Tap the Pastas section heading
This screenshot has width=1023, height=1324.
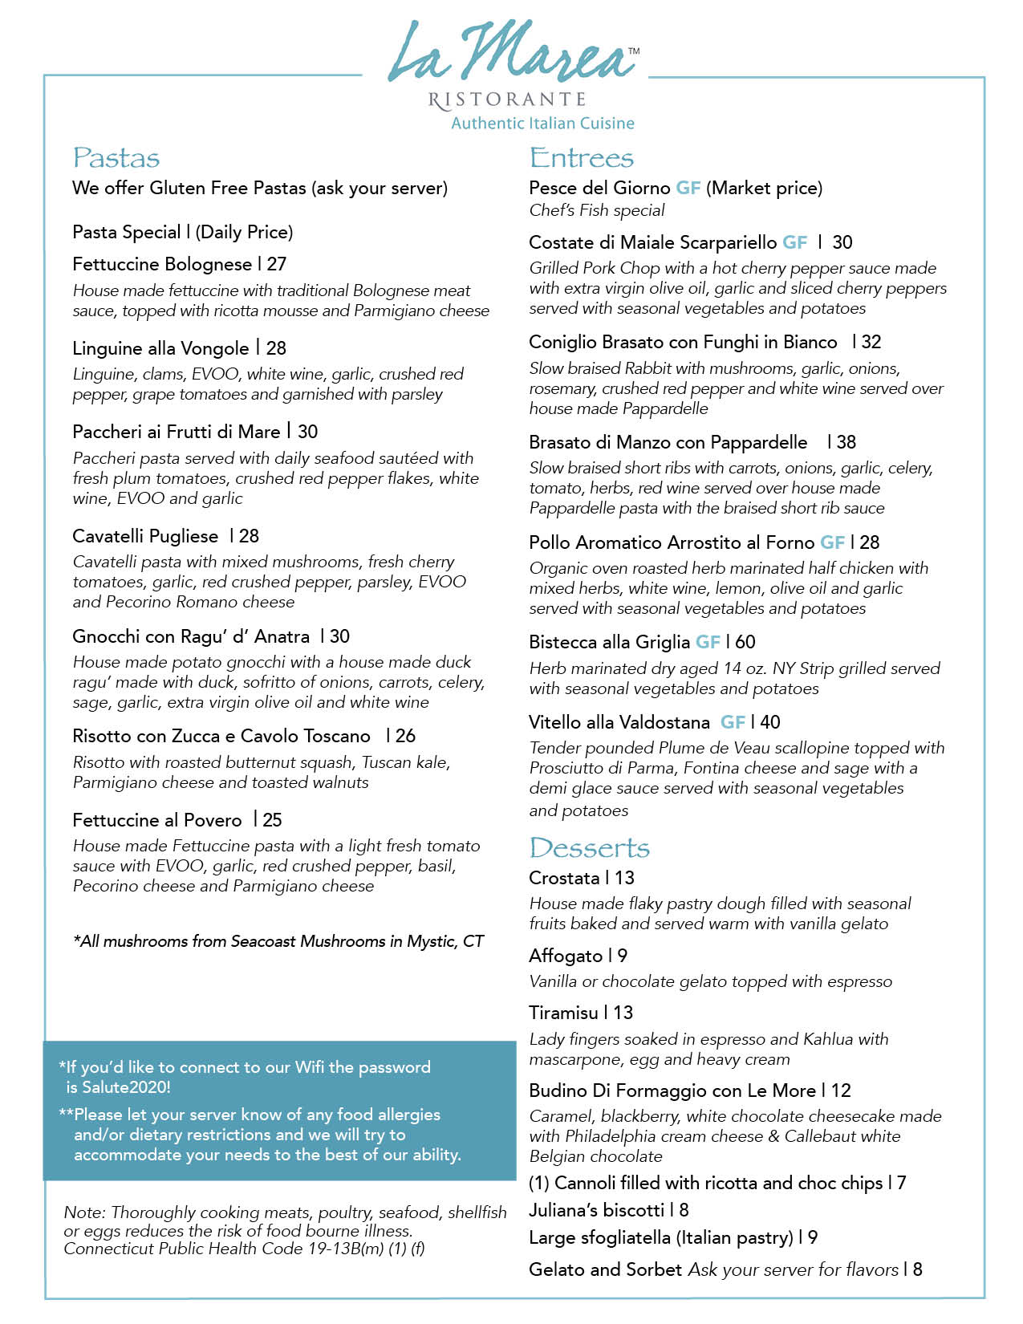[x=116, y=158]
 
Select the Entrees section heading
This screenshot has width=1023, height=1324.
[x=581, y=158]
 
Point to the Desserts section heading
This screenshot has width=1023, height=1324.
[x=589, y=848]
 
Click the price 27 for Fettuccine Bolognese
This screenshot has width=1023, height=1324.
[x=277, y=265]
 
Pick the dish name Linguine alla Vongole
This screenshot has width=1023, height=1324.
[x=160, y=348]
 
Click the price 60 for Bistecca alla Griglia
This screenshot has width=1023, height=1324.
[x=745, y=642]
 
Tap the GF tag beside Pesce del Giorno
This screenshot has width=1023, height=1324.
[x=688, y=189]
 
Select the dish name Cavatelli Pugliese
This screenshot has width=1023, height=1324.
[x=145, y=536]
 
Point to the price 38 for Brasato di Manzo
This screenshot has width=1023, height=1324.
[x=846, y=442]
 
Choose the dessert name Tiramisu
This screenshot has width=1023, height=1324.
[x=563, y=1013]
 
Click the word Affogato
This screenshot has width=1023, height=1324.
[x=566, y=956]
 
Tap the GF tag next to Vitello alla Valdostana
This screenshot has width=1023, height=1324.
[x=733, y=722]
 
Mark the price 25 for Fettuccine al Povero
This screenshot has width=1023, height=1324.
[x=273, y=820]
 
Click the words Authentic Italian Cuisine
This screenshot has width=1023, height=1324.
[x=542, y=124]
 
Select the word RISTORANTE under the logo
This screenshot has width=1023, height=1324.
[x=507, y=100]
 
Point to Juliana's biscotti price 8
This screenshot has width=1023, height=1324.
[x=684, y=1210]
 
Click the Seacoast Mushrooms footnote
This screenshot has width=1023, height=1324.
[x=278, y=941]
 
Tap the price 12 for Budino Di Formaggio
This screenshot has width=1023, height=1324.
[x=841, y=1090]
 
